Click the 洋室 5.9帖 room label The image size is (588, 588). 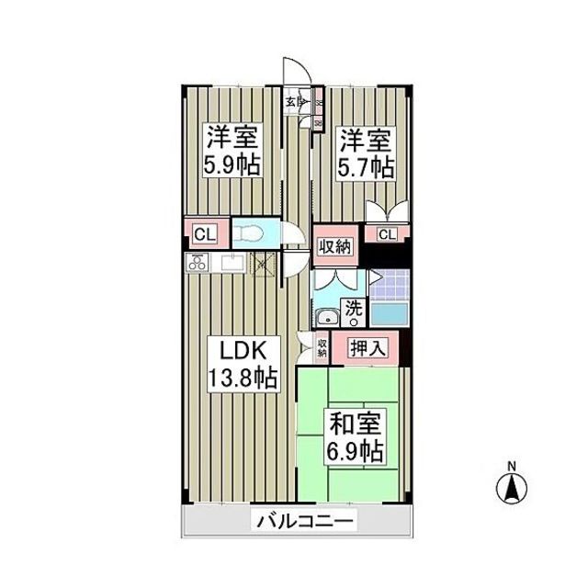pos(232,152)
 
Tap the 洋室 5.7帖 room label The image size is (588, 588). pos(367,153)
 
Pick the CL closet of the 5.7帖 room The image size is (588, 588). pos(387,234)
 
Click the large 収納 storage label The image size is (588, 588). pos(335,245)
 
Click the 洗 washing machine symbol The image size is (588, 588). pos(353,311)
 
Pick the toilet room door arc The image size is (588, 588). pos(292,236)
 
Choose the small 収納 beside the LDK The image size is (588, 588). pos(322,346)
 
